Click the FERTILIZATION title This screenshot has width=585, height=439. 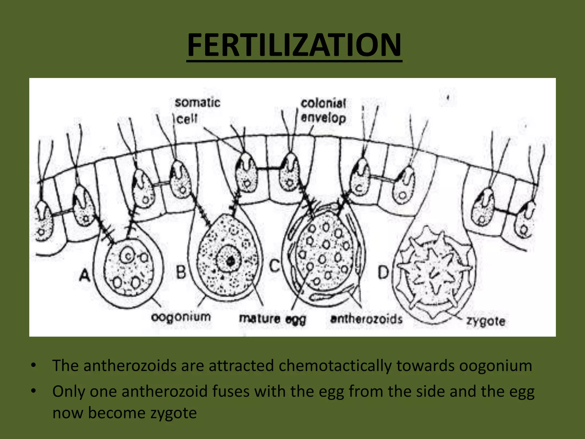coord(294,45)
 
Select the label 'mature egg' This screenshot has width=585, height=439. coord(273,319)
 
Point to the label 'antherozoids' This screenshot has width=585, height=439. coord(366,319)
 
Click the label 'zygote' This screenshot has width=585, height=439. coord(486,321)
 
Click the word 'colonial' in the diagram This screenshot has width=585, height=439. coord(323,103)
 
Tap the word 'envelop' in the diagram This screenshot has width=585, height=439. coord(323,118)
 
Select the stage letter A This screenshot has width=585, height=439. coord(85,275)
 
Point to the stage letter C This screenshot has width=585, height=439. coord(275,265)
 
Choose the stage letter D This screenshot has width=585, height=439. coord(383,272)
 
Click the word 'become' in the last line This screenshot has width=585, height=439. coord(117,413)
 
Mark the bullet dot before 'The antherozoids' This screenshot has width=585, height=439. coord(34,365)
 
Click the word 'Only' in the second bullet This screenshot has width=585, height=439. coord(69,391)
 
